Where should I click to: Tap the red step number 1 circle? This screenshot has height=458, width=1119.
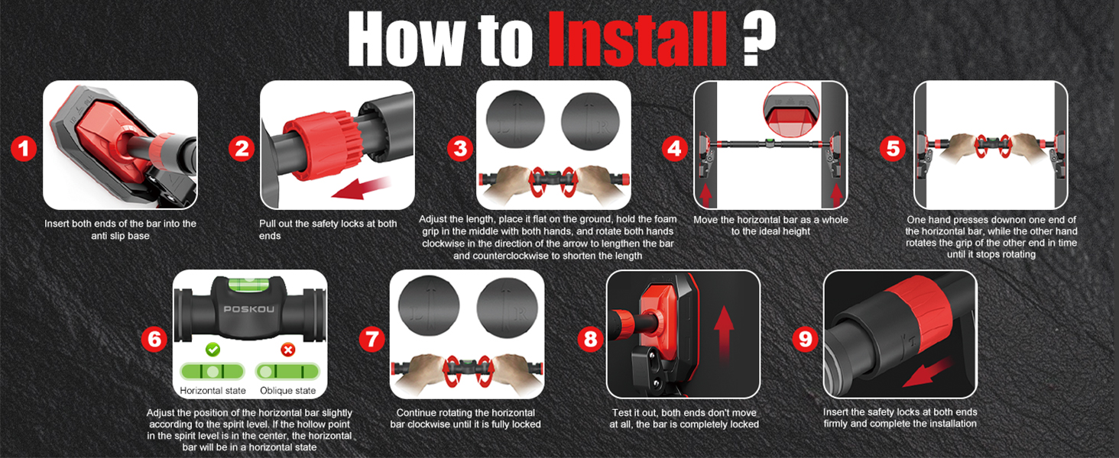coord(24,149)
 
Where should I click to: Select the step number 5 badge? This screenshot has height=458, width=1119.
coord(893,148)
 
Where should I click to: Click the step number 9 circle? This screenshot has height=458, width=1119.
coord(806,339)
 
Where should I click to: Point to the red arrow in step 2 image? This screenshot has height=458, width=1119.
coord(361,189)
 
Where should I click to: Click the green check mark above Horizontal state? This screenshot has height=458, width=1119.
coord(212,350)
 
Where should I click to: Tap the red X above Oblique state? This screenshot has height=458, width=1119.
coord(287,350)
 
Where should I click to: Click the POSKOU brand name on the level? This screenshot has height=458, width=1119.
coord(248,309)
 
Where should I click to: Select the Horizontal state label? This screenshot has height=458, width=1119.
coord(212,391)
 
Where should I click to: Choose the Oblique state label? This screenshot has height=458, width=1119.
coord(287,391)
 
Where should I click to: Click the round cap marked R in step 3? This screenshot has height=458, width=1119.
coord(590,121)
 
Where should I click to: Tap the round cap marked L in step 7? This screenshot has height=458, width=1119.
coord(429,305)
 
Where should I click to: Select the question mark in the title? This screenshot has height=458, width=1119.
coord(759,37)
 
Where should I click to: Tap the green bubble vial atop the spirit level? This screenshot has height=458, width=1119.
coord(248,285)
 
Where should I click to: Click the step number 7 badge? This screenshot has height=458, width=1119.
coord(372,339)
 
